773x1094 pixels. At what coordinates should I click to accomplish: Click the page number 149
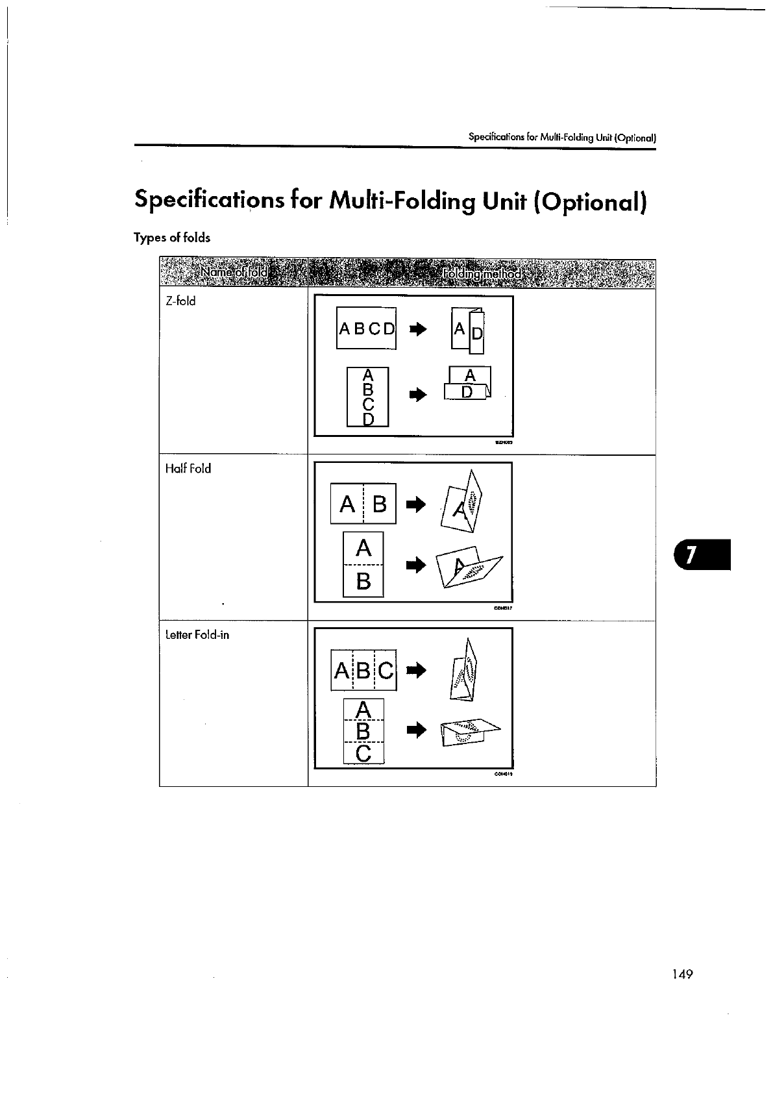pyautogui.click(x=682, y=974)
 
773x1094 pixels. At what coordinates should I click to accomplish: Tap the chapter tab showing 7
pyautogui.click(x=702, y=554)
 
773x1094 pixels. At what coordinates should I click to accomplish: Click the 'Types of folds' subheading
pyautogui.click(x=172, y=238)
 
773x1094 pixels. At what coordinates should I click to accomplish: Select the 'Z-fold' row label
pyautogui.click(x=180, y=301)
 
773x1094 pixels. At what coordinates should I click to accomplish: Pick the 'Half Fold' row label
pyautogui.click(x=188, y=468)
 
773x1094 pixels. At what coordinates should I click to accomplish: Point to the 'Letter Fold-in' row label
pyautogui.click(x=197, y=635)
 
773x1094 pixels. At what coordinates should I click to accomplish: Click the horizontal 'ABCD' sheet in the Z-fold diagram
pyautogui.click(x=366, y=329)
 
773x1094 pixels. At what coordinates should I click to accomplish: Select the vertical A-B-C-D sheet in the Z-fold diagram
pyautogui.click(x=368, y=397)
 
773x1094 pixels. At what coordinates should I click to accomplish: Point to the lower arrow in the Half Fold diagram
pyautogui.click(x=415, y=566)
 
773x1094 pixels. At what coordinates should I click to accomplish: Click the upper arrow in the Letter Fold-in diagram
pyautogui.click(x=415, y=669)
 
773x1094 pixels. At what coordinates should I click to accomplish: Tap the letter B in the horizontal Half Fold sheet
pyautogui.click(x=380, y=504)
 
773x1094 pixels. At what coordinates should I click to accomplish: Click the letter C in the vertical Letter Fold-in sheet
pyautogui.click(x=363, y=753)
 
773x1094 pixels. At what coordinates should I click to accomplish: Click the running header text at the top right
pyautogui.click(x=562, y=138)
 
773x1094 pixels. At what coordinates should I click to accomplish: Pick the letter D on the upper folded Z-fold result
pyautogui.click(x=476, y=335)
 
